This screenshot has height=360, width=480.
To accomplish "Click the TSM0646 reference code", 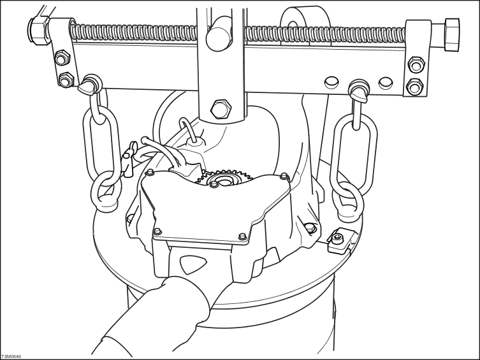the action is pyautogui.click(x=11, y=357).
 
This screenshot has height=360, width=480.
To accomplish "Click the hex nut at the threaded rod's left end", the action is pyautogui.click(x=39, y=31).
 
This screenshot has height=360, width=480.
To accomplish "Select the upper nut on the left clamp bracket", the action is pyautogui.click(x=62, y=57).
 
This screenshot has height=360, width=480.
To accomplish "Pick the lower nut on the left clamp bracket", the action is pyautogui.click(x=66, y=80).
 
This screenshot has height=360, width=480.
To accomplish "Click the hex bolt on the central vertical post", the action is pyautogui.click(x=220, y=109).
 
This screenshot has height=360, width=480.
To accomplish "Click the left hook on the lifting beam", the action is pyautogui.click(x=89, y=84).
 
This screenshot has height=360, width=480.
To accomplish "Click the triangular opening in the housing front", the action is pyautogui.click(x=194, y=264).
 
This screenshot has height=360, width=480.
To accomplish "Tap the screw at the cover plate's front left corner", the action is pyautogui.click(x=157, y=231).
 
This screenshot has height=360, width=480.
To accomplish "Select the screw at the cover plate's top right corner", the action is pyautogui.click(x=284, y=176).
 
